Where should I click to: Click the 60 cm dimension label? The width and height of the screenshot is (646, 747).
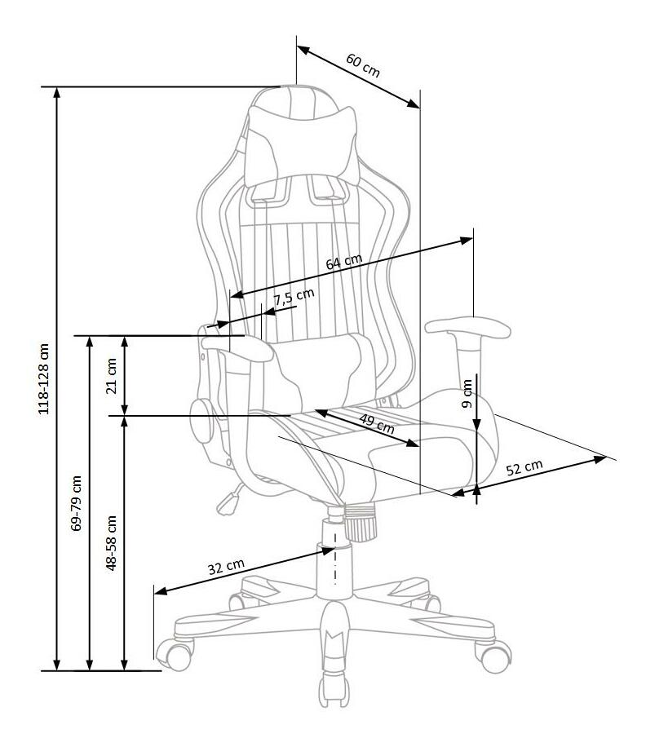363,66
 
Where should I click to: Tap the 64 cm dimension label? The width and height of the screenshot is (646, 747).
344,262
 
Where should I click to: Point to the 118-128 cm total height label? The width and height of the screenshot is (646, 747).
43,378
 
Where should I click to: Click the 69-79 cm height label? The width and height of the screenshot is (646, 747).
76,502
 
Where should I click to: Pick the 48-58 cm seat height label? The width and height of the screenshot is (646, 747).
111,542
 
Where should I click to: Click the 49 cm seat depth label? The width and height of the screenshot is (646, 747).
377,423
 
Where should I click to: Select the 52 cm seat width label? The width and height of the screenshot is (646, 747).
524,467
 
